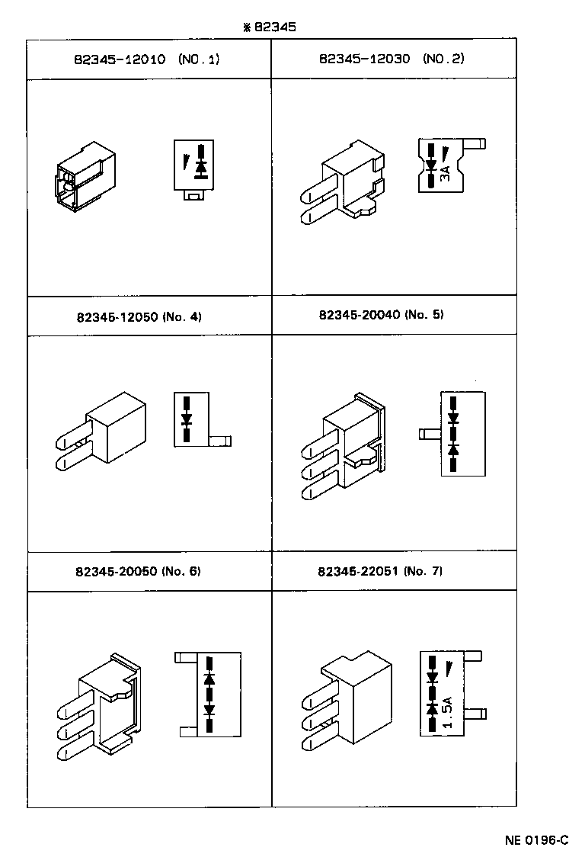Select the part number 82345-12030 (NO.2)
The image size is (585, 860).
pos(392,59)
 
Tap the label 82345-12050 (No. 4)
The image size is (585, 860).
pos(139,316)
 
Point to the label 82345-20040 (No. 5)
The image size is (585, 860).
pos(381,314)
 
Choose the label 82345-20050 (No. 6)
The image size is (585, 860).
pos(138,571)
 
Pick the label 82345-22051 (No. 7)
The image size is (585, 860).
pos(381,571)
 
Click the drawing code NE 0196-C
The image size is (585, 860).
pos(536,841)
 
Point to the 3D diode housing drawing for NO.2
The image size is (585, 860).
pos(340,186)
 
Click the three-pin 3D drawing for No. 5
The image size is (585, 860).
pos(342,447)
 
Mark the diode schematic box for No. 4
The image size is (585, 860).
pos(191,419)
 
